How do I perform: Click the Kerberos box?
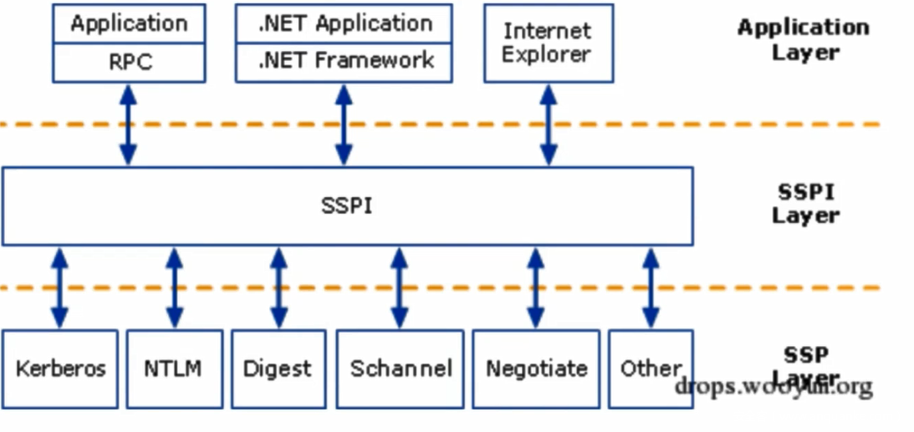click(60, 368)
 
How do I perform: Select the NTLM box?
click(174, 368)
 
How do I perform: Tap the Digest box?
click(278, 368)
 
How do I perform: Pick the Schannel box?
click(401, 368)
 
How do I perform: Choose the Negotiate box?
click(536, 368)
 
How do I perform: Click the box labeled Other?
click(651, 368)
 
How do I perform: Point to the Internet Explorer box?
click(548, 43)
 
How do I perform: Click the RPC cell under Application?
click(129, 63)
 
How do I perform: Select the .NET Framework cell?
click(345, 61)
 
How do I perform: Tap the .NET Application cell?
click(345, 24)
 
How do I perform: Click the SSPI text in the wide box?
click(346, 206)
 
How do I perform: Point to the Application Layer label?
click(803, 39)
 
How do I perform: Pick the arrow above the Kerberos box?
click(59, 287)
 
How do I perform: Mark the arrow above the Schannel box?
click(400, 287)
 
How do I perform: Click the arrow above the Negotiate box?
click(536, 287)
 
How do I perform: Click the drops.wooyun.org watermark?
click(773, 387)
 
